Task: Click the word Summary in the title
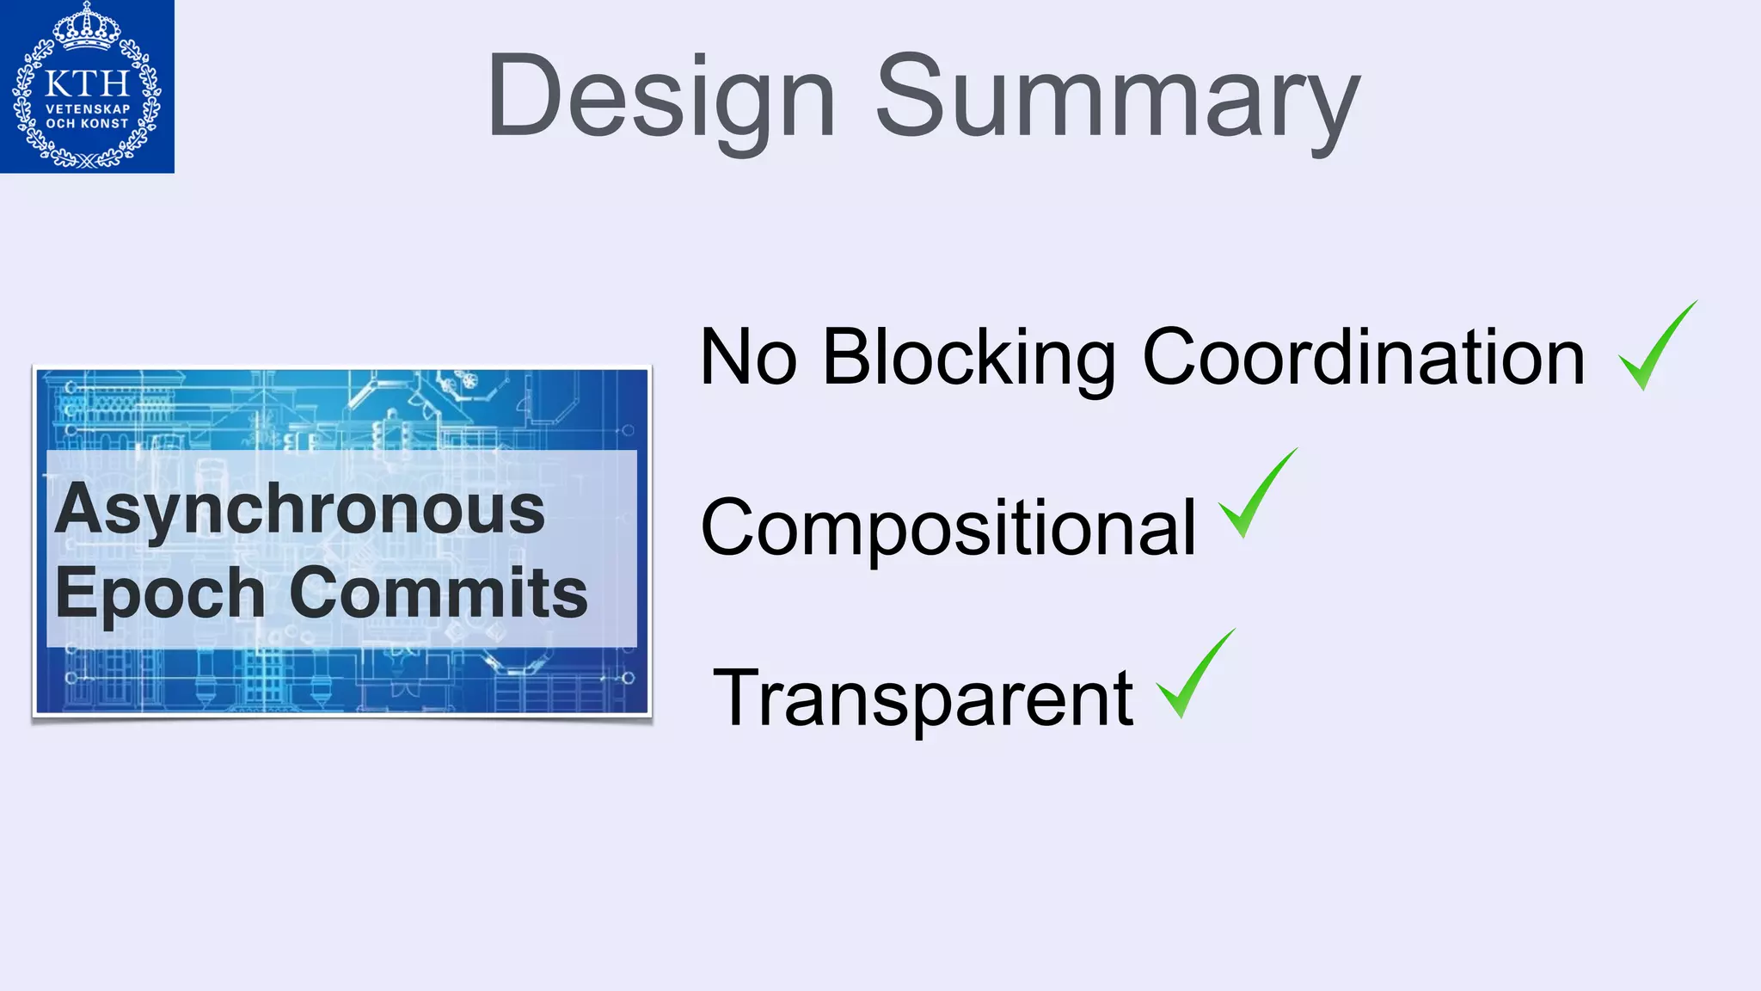(x=1118, y=96)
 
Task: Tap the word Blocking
(x=968, y=358)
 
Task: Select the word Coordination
(x=1363, y=358)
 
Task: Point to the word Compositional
(x=948, y=527)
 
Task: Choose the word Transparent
(x=923, y=698)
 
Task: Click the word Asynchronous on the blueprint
(x=300, y=509)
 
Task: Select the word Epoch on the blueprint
(x=160, y=594)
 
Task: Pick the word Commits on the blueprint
(x=439, y=594)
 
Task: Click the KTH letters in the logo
(x=86, y=83)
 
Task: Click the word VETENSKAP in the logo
(x=87, y=109)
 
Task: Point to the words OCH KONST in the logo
(x=87, y=124)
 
